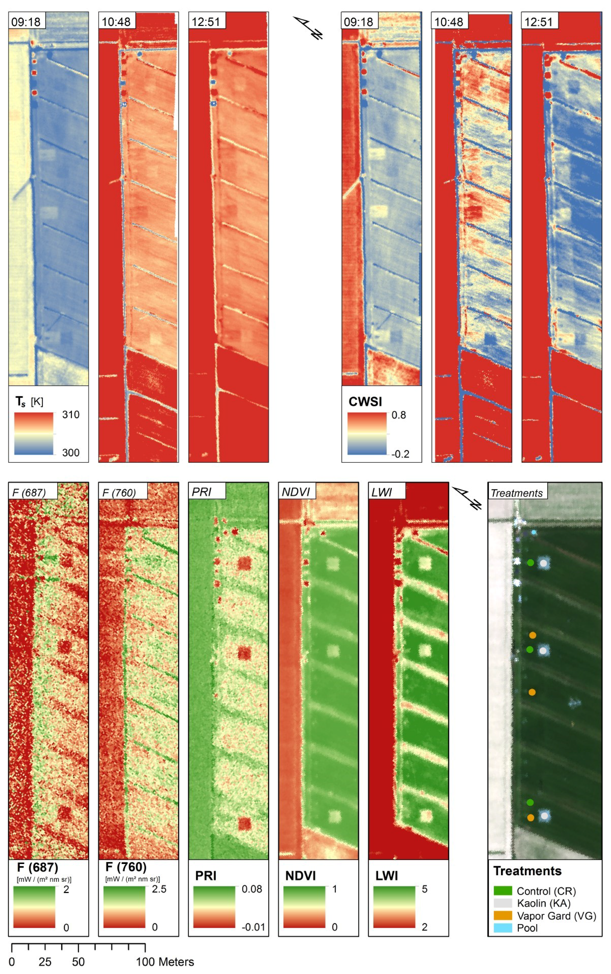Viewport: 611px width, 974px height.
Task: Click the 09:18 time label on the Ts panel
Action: tap(26, 21)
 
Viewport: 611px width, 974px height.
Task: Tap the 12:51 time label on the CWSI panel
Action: tap(539, 21)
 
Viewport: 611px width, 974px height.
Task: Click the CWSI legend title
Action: tap(365, 402)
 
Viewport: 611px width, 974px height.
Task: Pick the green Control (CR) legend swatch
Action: tap(502, 891)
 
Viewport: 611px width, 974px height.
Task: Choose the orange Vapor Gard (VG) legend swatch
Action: tap(502, 915)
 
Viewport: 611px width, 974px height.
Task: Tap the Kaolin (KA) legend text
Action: tap(544, 903)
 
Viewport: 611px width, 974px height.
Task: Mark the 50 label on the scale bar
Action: tap(78, 962)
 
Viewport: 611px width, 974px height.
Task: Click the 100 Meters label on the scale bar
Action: tap(165, 962)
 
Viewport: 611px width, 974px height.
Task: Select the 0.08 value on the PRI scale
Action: tap(251, 889)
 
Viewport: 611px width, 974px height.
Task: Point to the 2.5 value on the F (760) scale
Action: tap(159, 889)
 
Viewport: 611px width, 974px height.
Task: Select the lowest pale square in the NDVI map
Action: tap(335, 816)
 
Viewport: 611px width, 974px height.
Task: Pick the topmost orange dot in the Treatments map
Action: tap(533, 635)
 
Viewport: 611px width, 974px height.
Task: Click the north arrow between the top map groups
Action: tap(308, 27)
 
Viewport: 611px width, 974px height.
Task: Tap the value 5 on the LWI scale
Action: tap(424, 889)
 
